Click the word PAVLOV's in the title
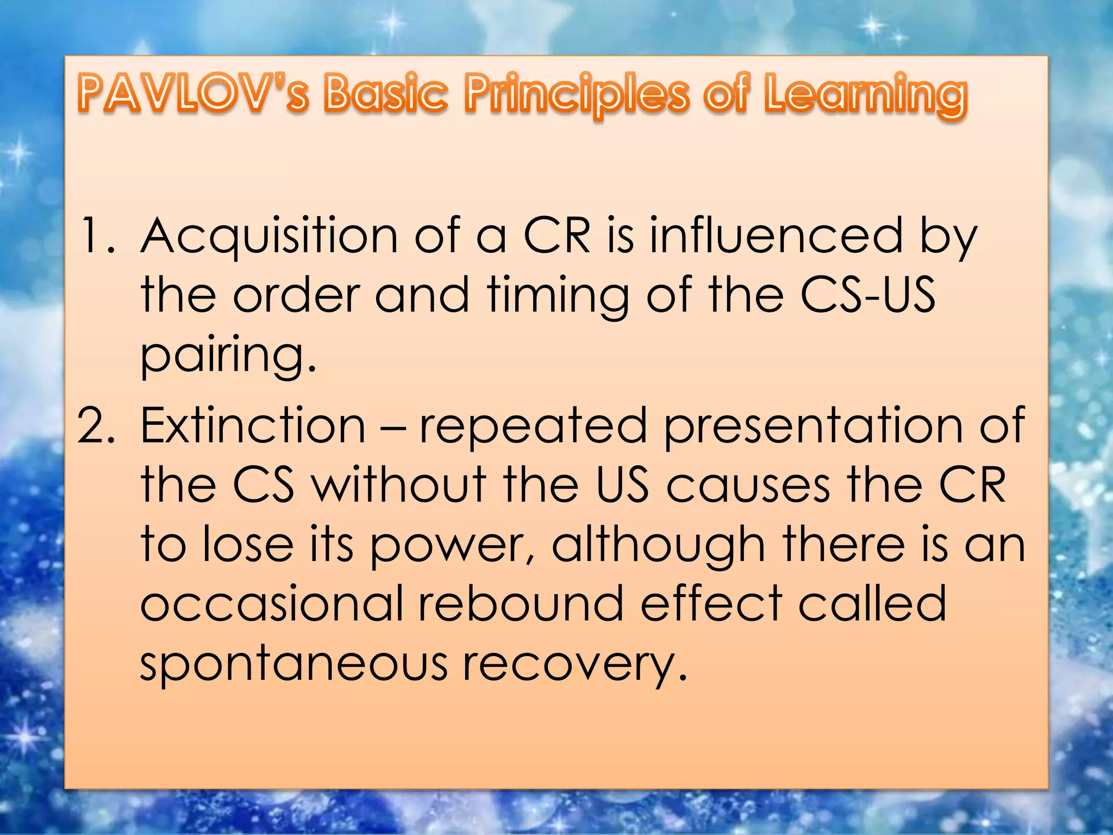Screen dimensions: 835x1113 [x=193, y=94]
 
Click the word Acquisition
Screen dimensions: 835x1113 [x=268, y=236]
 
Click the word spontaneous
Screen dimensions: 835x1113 [x=293, y=664]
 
